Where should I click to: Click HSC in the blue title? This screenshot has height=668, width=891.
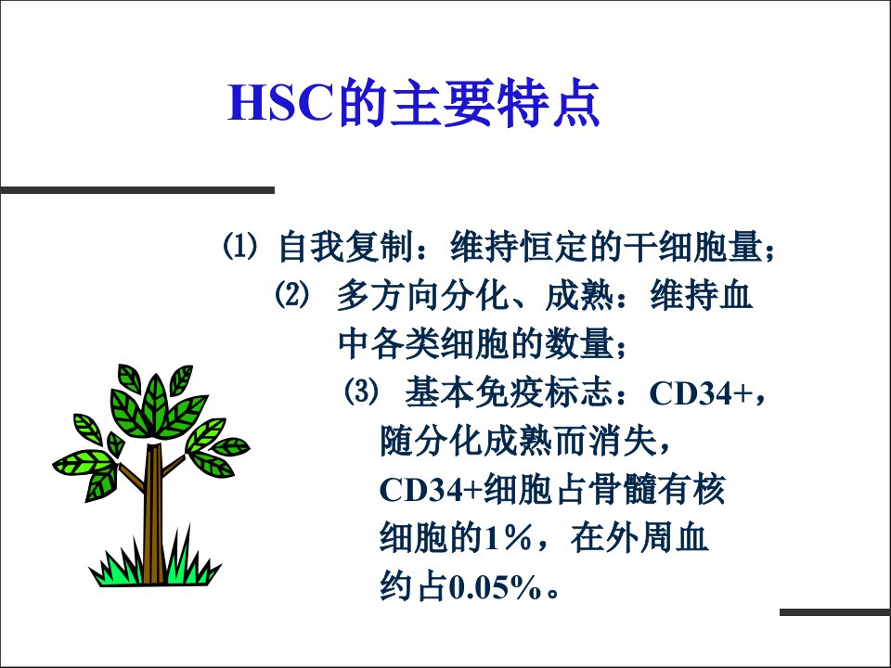point(279,102)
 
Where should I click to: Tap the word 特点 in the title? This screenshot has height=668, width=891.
point(548,103)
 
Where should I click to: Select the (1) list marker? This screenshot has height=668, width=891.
point(239,247)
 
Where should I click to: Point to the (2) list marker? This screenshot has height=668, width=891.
point(292,295)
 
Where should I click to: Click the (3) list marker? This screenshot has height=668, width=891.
point(361,392)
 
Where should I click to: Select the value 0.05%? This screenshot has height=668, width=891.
point(495,587)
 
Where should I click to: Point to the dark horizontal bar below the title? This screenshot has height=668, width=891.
point(137,189)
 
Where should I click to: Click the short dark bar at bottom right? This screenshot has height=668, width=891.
point(835,612)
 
